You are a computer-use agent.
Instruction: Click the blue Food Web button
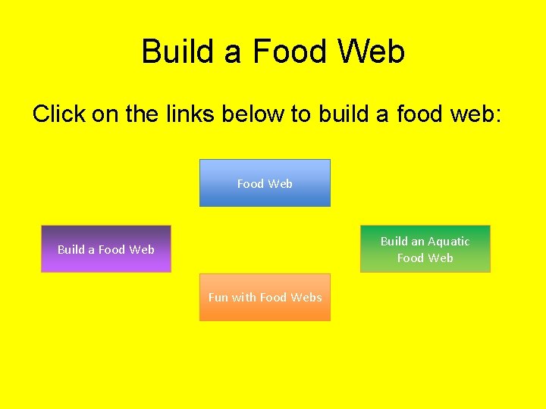265,183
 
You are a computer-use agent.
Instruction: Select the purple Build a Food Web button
106,249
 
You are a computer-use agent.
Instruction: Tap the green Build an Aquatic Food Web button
425,249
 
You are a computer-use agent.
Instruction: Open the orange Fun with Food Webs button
265,298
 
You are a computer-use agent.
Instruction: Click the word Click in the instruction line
59,114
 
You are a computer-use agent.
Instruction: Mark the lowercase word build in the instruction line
343,114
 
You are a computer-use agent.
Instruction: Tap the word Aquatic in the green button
449,242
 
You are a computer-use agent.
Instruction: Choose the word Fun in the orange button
218,298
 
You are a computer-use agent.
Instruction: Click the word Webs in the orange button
306,298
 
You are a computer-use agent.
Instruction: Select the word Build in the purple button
71,250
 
